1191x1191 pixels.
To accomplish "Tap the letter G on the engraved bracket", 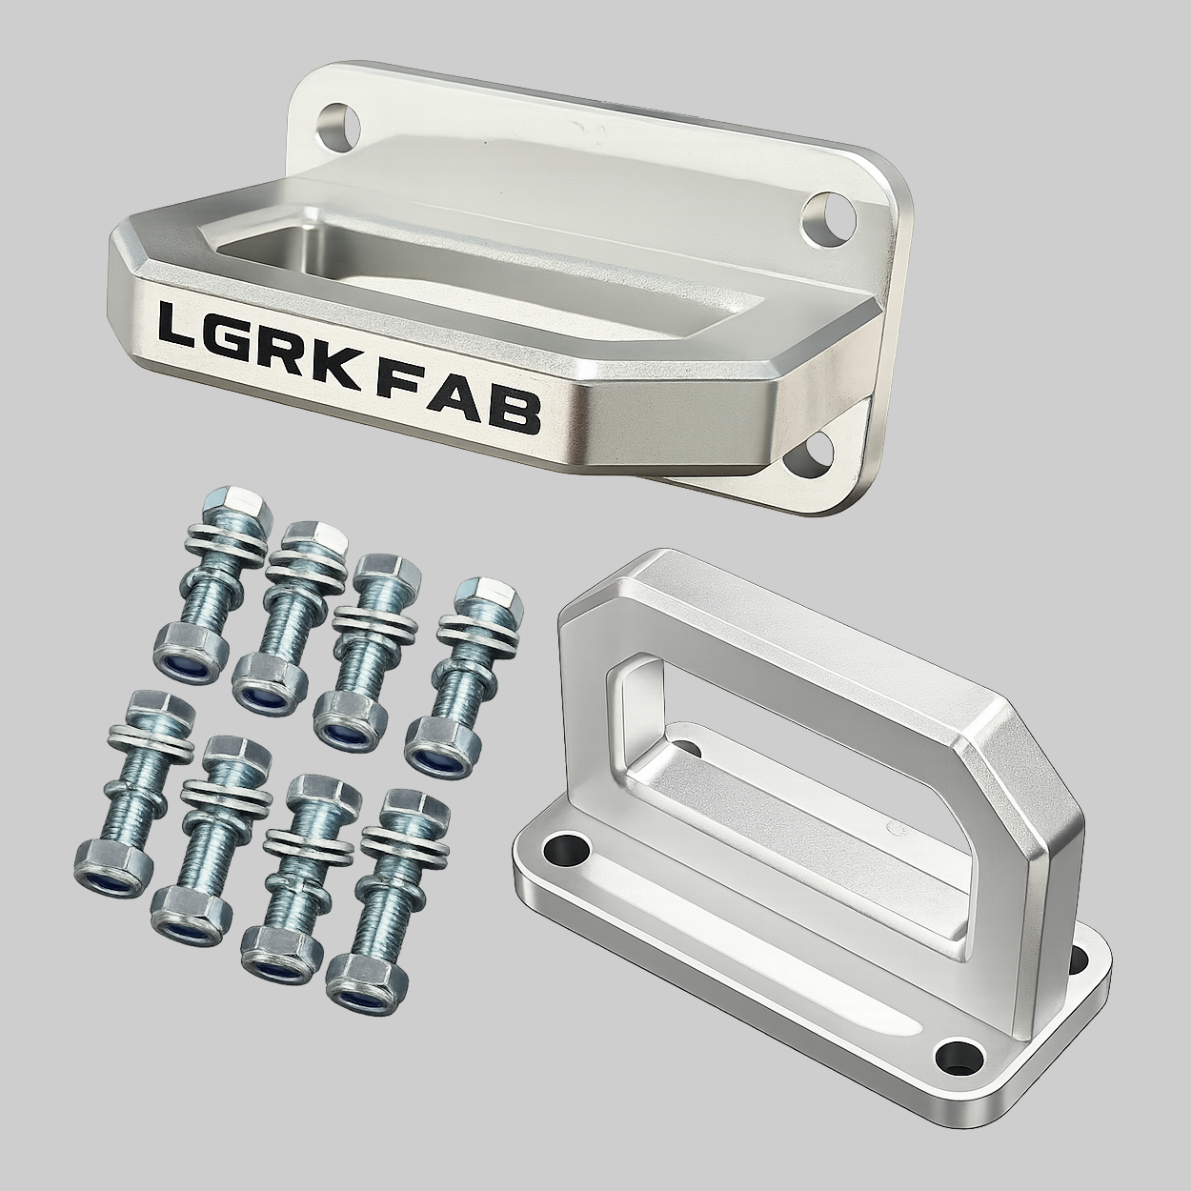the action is (232, 337).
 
